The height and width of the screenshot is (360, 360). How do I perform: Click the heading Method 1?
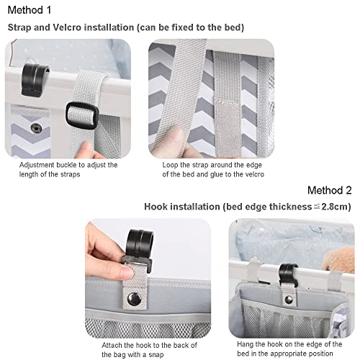coord(30,10)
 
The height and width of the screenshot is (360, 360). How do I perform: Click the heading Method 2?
coord(329,190)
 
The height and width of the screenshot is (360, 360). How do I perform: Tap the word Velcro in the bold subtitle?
coord(67,27)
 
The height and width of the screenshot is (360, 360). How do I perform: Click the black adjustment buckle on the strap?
coord(82,115)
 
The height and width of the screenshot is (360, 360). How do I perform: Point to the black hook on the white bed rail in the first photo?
coord(35,80)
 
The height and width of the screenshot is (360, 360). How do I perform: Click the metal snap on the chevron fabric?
coord(36,128)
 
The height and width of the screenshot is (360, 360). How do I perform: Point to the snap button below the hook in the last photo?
coord(289,299)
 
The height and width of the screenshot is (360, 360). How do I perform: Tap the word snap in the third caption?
coord(156,355)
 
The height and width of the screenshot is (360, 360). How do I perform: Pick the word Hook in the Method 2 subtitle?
coord(156,207)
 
